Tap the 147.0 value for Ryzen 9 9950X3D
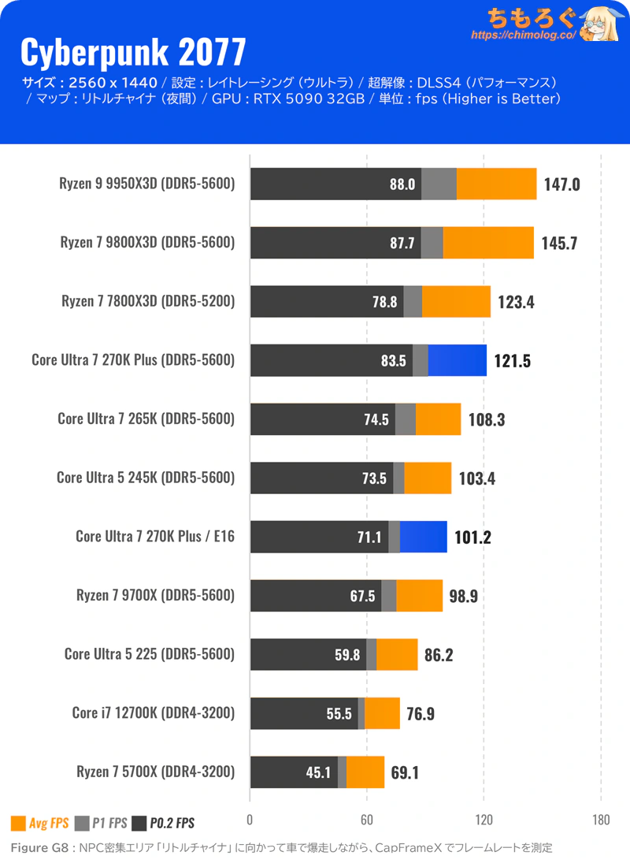click(561, 184)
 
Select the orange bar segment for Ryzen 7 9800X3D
click(488, 243)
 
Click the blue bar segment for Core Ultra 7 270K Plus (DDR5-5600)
click(457, 360)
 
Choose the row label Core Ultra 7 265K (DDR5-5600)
click(146, 418)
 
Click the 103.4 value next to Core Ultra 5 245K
click(477, 478)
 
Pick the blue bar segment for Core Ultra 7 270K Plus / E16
click(423, 537)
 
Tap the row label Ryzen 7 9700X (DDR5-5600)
click(155, 595)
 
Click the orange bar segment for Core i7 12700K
click(382, 713)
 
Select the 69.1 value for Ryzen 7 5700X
click(405, 772)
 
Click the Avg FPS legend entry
click(40, 824)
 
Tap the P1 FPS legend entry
click(101, 824)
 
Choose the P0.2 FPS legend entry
click(163, 824)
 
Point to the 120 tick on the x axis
click(484, 820)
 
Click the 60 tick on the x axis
click(366, 820)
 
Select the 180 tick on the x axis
click(601, 820)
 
